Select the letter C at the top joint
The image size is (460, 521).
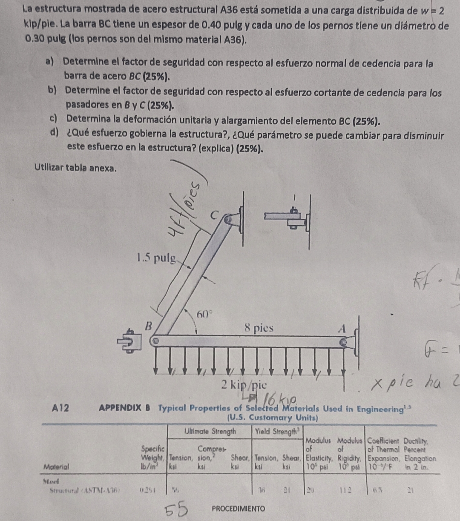click(218, 214)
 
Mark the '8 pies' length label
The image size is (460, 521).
click(259, 328)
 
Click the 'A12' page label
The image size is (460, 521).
click(60, 408)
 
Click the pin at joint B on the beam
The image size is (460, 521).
click(156, 341)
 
